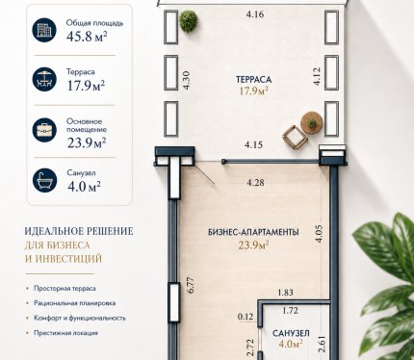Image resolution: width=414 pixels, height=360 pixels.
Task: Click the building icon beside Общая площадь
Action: point(44,30)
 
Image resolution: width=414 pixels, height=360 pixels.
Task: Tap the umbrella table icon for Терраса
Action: point(44,79)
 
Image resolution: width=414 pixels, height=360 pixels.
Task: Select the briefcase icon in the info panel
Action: point(44,130)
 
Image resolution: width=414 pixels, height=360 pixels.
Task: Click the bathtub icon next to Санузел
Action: point(44,180)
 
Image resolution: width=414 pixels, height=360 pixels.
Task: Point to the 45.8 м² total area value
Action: point(87,37)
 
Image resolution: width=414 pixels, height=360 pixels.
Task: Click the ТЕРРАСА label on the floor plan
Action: point(253,79)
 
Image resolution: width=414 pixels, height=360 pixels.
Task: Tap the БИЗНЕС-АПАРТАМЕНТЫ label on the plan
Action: point(253,232)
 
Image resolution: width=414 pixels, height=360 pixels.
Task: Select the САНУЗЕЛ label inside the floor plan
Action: point(291,333)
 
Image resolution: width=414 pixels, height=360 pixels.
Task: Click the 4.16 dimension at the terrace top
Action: point(255,14)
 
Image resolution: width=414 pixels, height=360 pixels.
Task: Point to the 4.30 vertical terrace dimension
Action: point(186,80)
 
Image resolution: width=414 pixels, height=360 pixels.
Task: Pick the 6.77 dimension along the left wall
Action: point(190,285)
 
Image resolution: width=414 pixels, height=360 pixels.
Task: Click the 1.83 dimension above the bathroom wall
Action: point(285,293)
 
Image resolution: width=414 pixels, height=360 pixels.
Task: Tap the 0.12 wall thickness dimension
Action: point(246,317)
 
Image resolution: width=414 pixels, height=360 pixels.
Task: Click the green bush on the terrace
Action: point(188,21)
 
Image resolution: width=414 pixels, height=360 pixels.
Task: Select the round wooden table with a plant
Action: point(312,122)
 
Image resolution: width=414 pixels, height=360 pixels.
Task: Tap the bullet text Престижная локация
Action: point(65,333)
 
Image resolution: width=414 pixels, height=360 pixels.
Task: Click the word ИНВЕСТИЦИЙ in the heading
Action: point(68,259)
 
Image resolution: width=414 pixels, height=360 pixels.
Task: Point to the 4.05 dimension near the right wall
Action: point(319,234)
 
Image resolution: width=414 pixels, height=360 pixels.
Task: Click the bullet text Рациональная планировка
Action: point(75,303)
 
